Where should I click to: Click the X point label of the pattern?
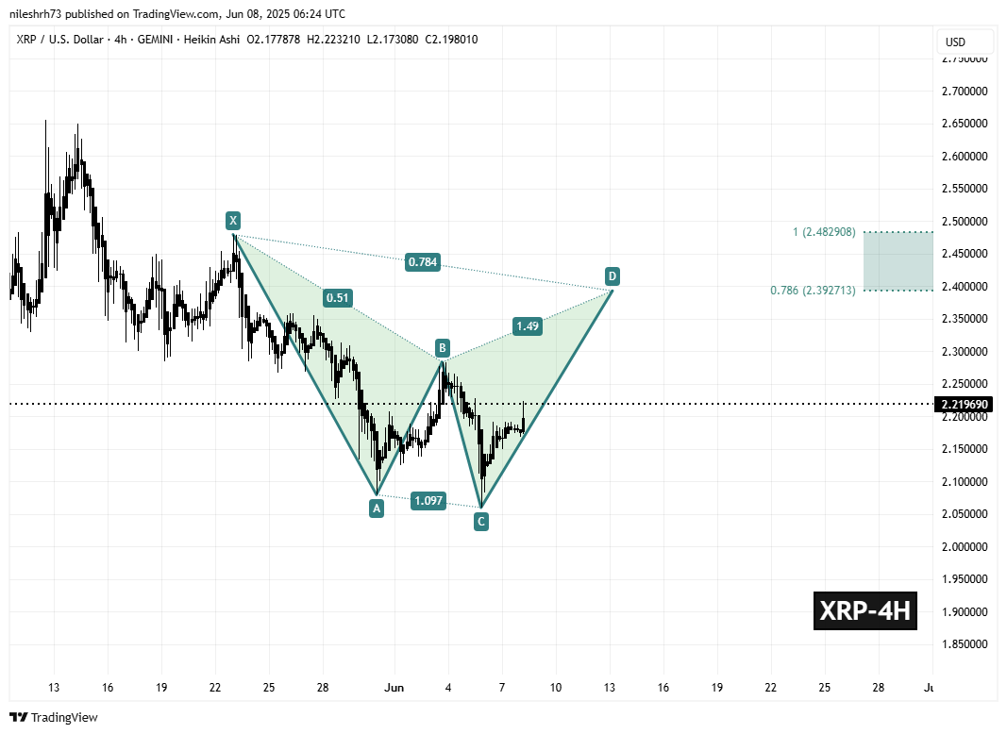click(232, 221)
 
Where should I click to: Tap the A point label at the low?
click(376, 509)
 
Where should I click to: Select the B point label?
click(441, 348)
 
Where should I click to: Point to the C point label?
click(480, 521)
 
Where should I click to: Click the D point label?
click(613, 276)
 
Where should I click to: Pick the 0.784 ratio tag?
click(423, 261)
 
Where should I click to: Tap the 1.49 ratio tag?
click(529, 326)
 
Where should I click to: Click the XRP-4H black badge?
click(864, 611)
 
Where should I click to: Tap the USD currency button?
click(965, 42)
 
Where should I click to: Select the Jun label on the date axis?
click(394, 688)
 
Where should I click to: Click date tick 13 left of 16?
click(54, 688)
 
